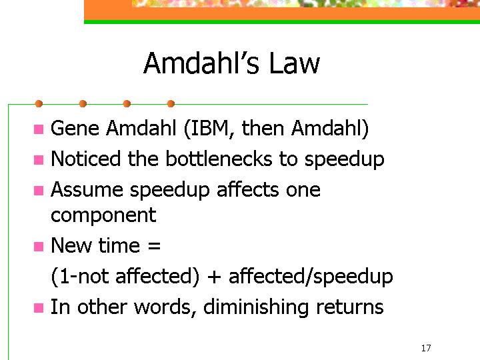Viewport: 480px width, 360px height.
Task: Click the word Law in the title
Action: [x=295, y=63]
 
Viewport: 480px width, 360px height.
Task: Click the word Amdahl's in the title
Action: [x=201, y=63]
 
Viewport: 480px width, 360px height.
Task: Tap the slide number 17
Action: [x=426, y=348]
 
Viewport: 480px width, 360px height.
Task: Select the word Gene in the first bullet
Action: [x=75, y=128]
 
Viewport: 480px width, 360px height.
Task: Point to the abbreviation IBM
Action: [x=209, y=128]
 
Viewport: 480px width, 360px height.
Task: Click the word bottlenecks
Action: [x=219, y=159]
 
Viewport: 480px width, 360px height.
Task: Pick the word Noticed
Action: [x=85, y=159]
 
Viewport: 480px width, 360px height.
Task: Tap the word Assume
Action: [x=87, y=190]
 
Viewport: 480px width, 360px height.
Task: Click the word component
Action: [x=103, y=215]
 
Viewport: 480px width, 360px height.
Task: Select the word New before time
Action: [x=71, y=245]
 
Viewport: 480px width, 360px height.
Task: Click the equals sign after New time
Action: [x=154, y=245]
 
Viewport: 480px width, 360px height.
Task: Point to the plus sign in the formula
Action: [x=214, y=277]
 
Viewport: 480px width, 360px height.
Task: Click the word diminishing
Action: [x=255, y=307]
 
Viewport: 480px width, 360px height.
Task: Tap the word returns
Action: [x=349, y=307]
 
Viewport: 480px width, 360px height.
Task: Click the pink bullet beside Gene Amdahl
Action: [x=39, y=129]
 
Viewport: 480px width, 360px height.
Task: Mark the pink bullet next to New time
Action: [x=39, y=247]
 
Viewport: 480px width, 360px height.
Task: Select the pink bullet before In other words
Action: [x=39, y=308]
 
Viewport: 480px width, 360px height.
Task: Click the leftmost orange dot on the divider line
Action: [x=39, y=104]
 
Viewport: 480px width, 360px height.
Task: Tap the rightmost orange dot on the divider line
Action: [x=171, y=104]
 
